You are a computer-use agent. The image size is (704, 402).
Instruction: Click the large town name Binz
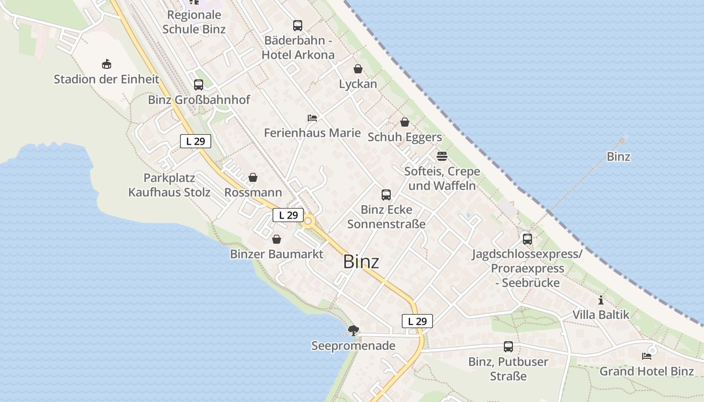361,262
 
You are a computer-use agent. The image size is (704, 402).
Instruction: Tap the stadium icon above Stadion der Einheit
106,64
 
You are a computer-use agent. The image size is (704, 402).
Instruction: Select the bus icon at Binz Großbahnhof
199,85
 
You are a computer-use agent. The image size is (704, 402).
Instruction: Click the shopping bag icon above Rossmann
253,178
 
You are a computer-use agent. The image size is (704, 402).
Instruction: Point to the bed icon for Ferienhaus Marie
312,118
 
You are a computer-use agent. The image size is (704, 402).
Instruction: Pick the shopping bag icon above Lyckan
358,69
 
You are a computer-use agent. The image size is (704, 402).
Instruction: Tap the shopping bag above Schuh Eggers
405,122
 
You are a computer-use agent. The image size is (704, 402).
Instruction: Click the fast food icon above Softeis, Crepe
442,156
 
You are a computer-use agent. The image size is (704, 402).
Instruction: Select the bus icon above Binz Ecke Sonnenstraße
386,195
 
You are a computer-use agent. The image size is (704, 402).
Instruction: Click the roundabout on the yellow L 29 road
307,221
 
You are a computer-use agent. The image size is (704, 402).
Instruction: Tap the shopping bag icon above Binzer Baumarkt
277,239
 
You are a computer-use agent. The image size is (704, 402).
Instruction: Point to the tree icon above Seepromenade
354,331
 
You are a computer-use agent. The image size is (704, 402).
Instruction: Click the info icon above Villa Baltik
601,300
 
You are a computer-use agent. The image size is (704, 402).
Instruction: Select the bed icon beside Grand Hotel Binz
647,356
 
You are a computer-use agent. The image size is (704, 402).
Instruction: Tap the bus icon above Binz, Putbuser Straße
508,347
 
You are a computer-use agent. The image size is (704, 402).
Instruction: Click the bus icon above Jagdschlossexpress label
527,239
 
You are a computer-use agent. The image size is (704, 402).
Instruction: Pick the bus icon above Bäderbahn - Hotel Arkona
298,26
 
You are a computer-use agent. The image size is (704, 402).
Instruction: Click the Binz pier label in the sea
618,156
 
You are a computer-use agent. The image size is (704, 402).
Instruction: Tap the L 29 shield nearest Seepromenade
417,321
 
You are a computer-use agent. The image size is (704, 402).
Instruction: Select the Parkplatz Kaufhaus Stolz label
169,185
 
